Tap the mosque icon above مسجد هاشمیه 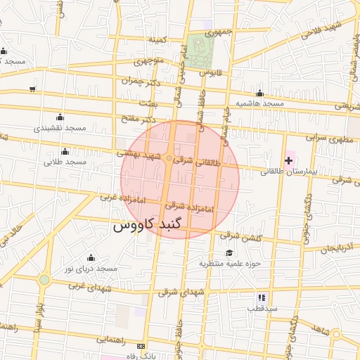259,94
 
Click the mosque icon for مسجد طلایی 65,151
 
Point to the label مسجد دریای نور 90,269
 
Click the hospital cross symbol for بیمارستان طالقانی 288,161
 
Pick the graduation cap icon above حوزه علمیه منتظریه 229,253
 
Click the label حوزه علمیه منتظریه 230,264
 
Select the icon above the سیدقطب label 262,297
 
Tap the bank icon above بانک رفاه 141,347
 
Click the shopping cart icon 32,89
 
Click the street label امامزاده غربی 122,199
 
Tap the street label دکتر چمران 136,82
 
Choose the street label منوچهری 147,61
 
